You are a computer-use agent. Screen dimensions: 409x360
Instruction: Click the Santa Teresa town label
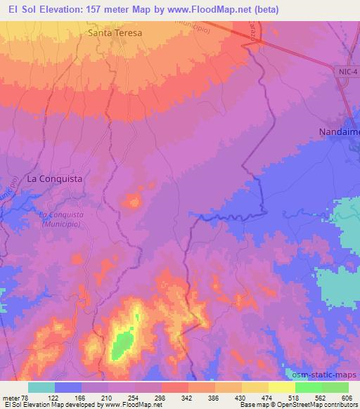click(x=115, y=33)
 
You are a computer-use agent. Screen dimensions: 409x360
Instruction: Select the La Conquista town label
click(x=54, y=179)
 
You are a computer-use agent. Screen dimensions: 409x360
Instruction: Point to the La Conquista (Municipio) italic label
click(x=60, y=219)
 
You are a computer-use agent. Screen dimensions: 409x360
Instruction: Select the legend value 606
click(x=347, y=397)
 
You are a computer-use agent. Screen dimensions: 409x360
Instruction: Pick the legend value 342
click(x=188, y=397)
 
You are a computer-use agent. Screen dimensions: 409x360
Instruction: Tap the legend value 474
click(x=267, y=397)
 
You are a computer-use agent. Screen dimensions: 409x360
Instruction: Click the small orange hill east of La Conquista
click(x=131, y=202)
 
